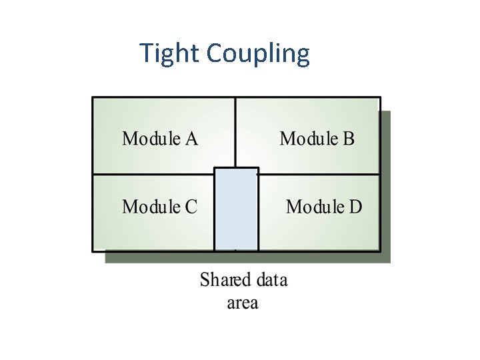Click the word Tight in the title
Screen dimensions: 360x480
170,53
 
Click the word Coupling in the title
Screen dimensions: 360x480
258,54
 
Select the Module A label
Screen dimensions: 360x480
160,139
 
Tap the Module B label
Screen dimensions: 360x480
317,139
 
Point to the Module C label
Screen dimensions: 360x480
159,207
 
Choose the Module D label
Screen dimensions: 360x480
324,207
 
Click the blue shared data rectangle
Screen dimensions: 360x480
236,210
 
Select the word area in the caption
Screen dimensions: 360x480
243,303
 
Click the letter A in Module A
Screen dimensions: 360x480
191,139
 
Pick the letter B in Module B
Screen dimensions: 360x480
349,139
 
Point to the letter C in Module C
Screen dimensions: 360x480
191,207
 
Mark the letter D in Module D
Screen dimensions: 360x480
355,207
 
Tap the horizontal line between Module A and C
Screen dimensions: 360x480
153,175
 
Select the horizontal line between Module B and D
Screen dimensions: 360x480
320,175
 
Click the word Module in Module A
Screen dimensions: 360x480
151,139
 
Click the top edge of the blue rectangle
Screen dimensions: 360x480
236,168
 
